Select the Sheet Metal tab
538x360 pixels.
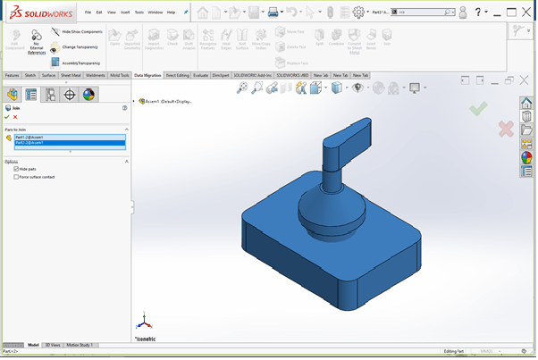coord(70,76)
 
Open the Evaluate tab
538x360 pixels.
coord(199,76)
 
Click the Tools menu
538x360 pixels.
coord(139,13)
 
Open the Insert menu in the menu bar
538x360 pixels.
coord(124,13)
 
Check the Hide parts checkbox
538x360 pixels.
coord(17,168)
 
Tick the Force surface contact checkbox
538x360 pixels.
coord(17,177)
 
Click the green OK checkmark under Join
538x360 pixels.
coord(7,116)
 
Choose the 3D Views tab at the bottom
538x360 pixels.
coord(54,344)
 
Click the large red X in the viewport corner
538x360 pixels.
coord(506,130)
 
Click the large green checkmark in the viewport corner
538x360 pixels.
coord(478,108)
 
